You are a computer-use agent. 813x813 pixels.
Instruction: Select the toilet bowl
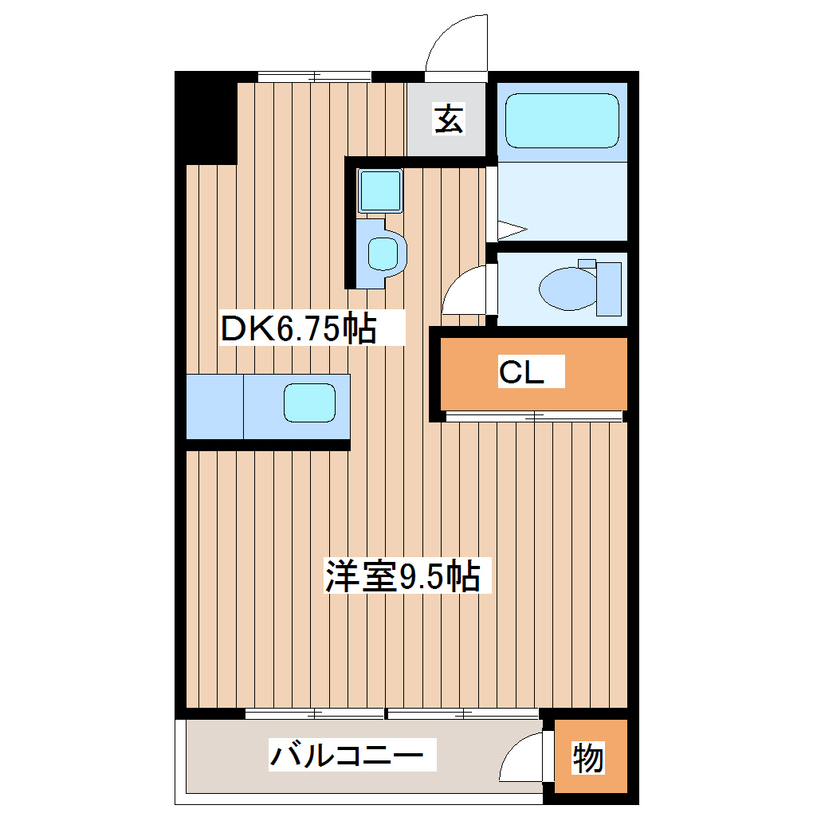pos(567,288)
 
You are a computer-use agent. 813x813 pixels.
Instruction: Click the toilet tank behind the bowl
pos(609,288)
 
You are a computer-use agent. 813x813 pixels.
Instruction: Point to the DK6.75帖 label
pos(298,328)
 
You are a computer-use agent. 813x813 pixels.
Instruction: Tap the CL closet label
pos(521,371)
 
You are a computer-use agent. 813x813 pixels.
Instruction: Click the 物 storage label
pos(588,757)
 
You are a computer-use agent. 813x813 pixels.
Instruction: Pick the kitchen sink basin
pos(310,403)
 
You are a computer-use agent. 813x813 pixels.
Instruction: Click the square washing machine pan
pos(379,190)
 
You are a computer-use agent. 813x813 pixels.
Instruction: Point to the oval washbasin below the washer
pos(383,253)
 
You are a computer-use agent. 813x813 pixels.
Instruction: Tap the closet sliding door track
pos(533,416)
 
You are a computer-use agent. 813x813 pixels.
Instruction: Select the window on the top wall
pos(315,77)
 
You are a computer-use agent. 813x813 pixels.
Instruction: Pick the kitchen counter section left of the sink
pos(214,406)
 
